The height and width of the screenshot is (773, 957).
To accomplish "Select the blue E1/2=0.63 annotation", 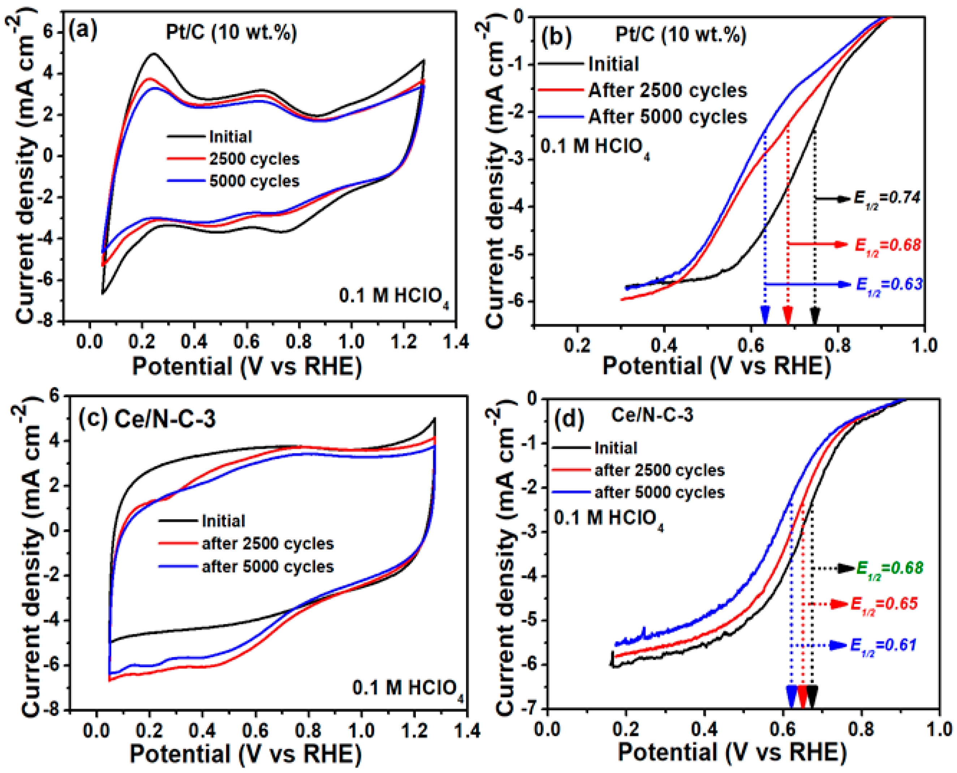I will click(x=889, y=285).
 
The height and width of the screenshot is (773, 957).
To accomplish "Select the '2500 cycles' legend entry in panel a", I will click(x=254, y=159).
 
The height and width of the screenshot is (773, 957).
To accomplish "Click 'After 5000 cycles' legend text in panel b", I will click(x=667, y=117).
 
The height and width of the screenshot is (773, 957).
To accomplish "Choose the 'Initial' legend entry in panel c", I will click(x=223, y=521).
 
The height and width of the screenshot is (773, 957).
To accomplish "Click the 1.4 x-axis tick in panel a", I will click(x=456, y=342).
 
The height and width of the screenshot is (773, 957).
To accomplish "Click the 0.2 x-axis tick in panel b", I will click(x=577, y=346).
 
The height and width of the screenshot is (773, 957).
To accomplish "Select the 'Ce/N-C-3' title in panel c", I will click(x=165, y=419).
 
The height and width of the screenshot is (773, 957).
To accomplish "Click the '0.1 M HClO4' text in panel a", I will click(x=394, y=296).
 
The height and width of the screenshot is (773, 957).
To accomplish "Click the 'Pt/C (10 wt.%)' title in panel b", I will click(x=680, y=34).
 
